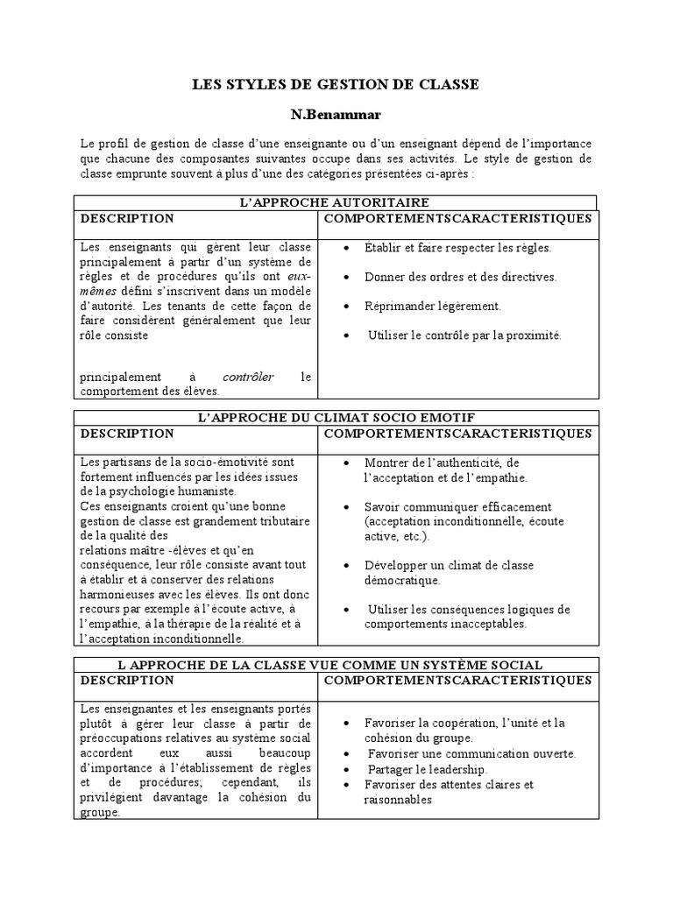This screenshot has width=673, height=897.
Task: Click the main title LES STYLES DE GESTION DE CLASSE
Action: pos(336,84)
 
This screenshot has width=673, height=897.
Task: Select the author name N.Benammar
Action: pos(335,114)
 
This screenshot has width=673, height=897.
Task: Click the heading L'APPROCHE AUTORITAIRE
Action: pos(336,202)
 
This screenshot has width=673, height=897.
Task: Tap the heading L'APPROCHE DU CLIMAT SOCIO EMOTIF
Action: pos(336,417)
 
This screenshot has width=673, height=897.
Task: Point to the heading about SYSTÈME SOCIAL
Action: pos(336,665)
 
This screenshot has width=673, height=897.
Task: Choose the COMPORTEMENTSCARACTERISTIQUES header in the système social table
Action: pos(458,681)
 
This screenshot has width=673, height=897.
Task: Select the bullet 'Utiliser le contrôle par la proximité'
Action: pos(464,335)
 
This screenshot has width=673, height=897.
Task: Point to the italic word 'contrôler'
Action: pos(249,377)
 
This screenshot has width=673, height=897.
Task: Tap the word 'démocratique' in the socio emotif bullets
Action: pos(402,580)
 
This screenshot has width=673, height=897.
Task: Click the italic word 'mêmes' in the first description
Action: pos(98,291)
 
